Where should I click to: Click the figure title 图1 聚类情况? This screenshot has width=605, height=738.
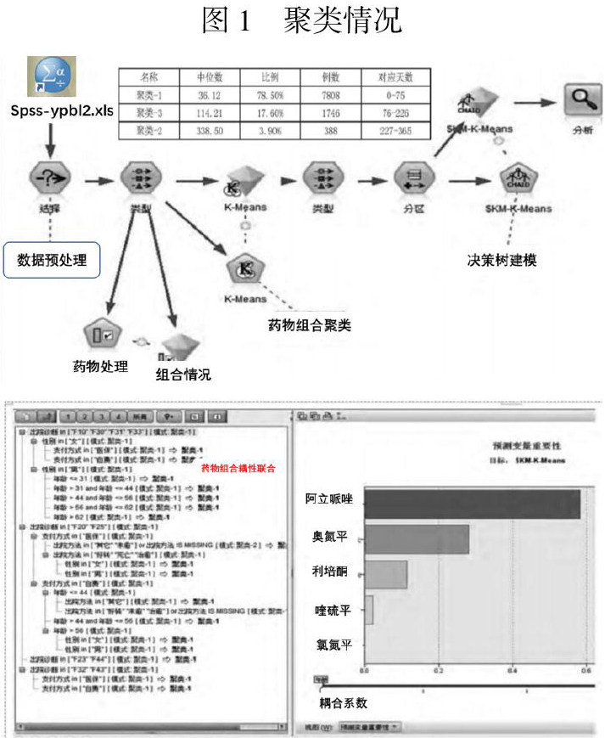pos(301,20)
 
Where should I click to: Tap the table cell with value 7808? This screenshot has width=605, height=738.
pos(332,96)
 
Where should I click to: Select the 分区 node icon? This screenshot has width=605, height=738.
pos(414,179)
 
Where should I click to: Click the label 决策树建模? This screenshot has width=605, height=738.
pos(502,260)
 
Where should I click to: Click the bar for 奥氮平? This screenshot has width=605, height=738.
pos(416,538)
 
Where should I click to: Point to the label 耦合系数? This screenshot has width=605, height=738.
pos(343,702)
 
